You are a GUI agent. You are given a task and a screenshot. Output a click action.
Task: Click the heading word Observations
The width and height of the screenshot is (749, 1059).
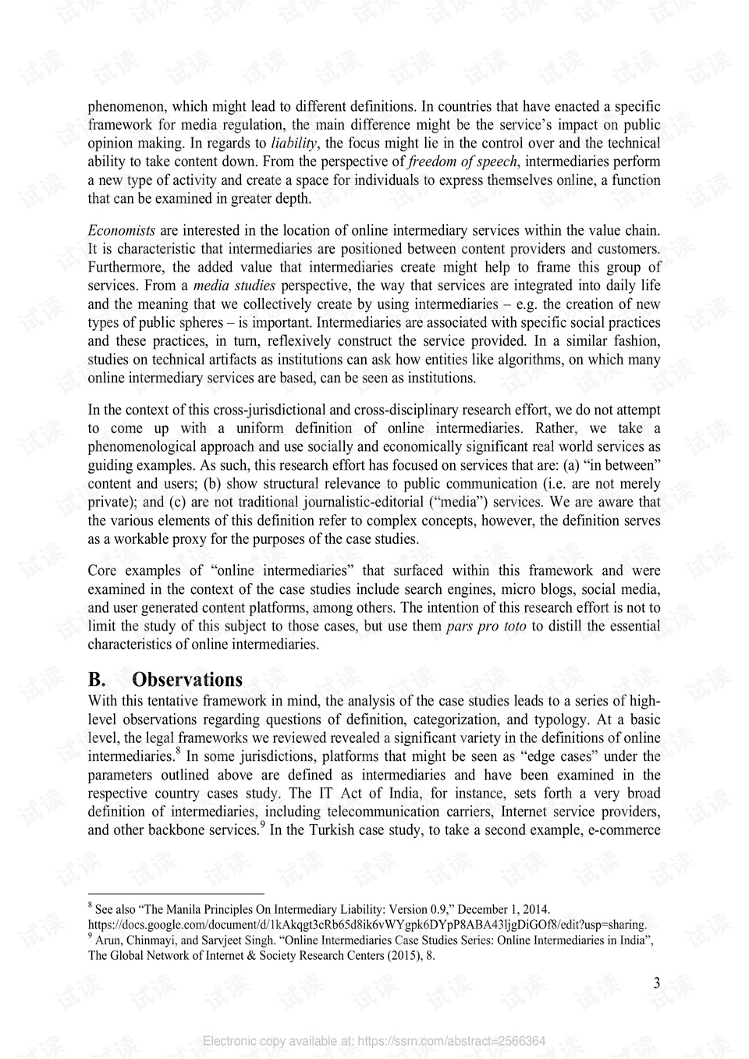[187, 680]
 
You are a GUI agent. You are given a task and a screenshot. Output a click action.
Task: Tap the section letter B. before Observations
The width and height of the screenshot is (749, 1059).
[97, 680]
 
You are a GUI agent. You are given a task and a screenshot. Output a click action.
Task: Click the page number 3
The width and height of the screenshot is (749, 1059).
[656, 983]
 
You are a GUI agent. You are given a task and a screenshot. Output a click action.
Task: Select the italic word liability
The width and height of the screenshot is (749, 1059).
[294, 143]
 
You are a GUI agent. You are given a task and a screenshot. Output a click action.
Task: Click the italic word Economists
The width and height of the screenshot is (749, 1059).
[122, 230]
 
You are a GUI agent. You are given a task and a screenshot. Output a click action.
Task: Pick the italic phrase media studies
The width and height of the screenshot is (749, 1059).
[234, 286]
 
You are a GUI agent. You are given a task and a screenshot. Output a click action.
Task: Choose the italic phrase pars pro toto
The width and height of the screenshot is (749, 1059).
[486, 626]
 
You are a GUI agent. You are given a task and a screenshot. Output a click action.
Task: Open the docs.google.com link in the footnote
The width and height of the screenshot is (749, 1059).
[367, 925]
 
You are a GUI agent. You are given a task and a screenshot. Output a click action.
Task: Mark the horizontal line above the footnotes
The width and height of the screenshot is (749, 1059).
[176, 894]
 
